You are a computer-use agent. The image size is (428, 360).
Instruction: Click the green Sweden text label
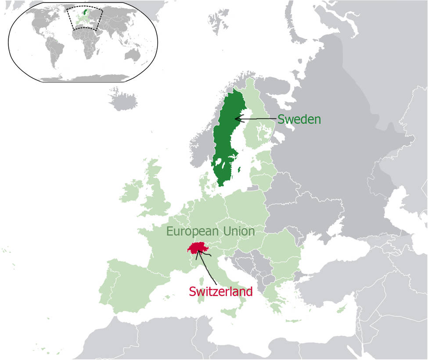pos(299,119)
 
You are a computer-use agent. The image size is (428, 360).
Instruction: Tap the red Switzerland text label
pos(221,291)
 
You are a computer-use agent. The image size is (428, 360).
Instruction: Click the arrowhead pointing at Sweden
pos(237,118)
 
